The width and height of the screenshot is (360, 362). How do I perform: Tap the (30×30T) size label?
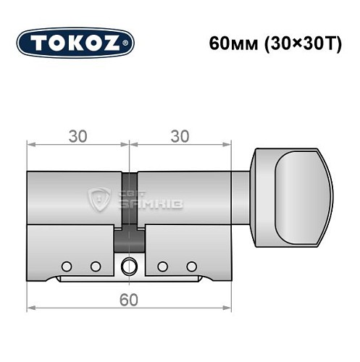292,42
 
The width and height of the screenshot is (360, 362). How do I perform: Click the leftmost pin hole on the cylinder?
67,265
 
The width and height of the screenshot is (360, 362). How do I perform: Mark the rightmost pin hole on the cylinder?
192,265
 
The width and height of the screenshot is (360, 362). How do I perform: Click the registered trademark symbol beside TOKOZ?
129,43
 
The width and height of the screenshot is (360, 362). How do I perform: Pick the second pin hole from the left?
95,265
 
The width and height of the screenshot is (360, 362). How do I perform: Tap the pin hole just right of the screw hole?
164,265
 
